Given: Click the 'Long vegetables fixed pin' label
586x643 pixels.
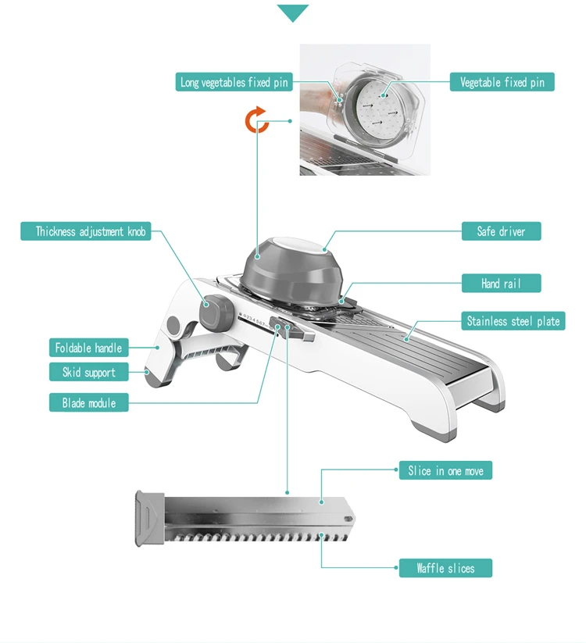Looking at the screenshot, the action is (234, 82).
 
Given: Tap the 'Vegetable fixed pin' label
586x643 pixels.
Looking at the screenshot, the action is (502, 82).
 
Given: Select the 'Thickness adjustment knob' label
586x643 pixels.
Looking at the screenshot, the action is (86, 231).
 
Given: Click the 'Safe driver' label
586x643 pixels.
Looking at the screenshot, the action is (501, 231).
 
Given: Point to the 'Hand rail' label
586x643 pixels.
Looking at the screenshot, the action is (501, 284).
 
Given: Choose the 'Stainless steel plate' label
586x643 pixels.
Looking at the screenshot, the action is (513, 320).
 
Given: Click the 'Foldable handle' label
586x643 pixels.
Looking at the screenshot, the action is (88, 348).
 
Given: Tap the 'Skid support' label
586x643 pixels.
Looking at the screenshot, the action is (88, 372).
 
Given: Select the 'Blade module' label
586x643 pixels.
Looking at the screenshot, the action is (88, 402).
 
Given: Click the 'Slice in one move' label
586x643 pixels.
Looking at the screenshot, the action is (445, 470).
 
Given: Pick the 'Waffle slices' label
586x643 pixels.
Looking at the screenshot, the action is (445, 568).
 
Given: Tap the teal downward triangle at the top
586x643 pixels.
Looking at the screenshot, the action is (292, 13).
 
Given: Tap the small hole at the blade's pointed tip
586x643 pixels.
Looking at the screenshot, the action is (348, 519).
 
